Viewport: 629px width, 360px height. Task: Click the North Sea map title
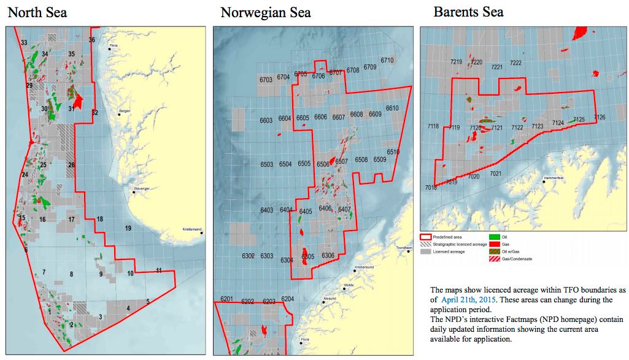coord(37,12)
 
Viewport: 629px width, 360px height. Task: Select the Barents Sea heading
coord(468,12)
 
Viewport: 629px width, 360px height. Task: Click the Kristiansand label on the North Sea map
coord(192,230)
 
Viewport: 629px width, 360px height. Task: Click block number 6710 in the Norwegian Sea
coord(387,61)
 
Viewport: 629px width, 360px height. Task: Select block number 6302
coord(248,256)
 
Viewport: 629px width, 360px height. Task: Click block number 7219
coord(456,62)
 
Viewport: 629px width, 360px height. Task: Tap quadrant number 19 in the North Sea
coord(128,228)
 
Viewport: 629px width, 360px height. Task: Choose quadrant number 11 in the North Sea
coord(159,270)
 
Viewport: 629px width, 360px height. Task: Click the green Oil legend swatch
coord(493,236)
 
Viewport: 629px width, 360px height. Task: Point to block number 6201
coord(227,299)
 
